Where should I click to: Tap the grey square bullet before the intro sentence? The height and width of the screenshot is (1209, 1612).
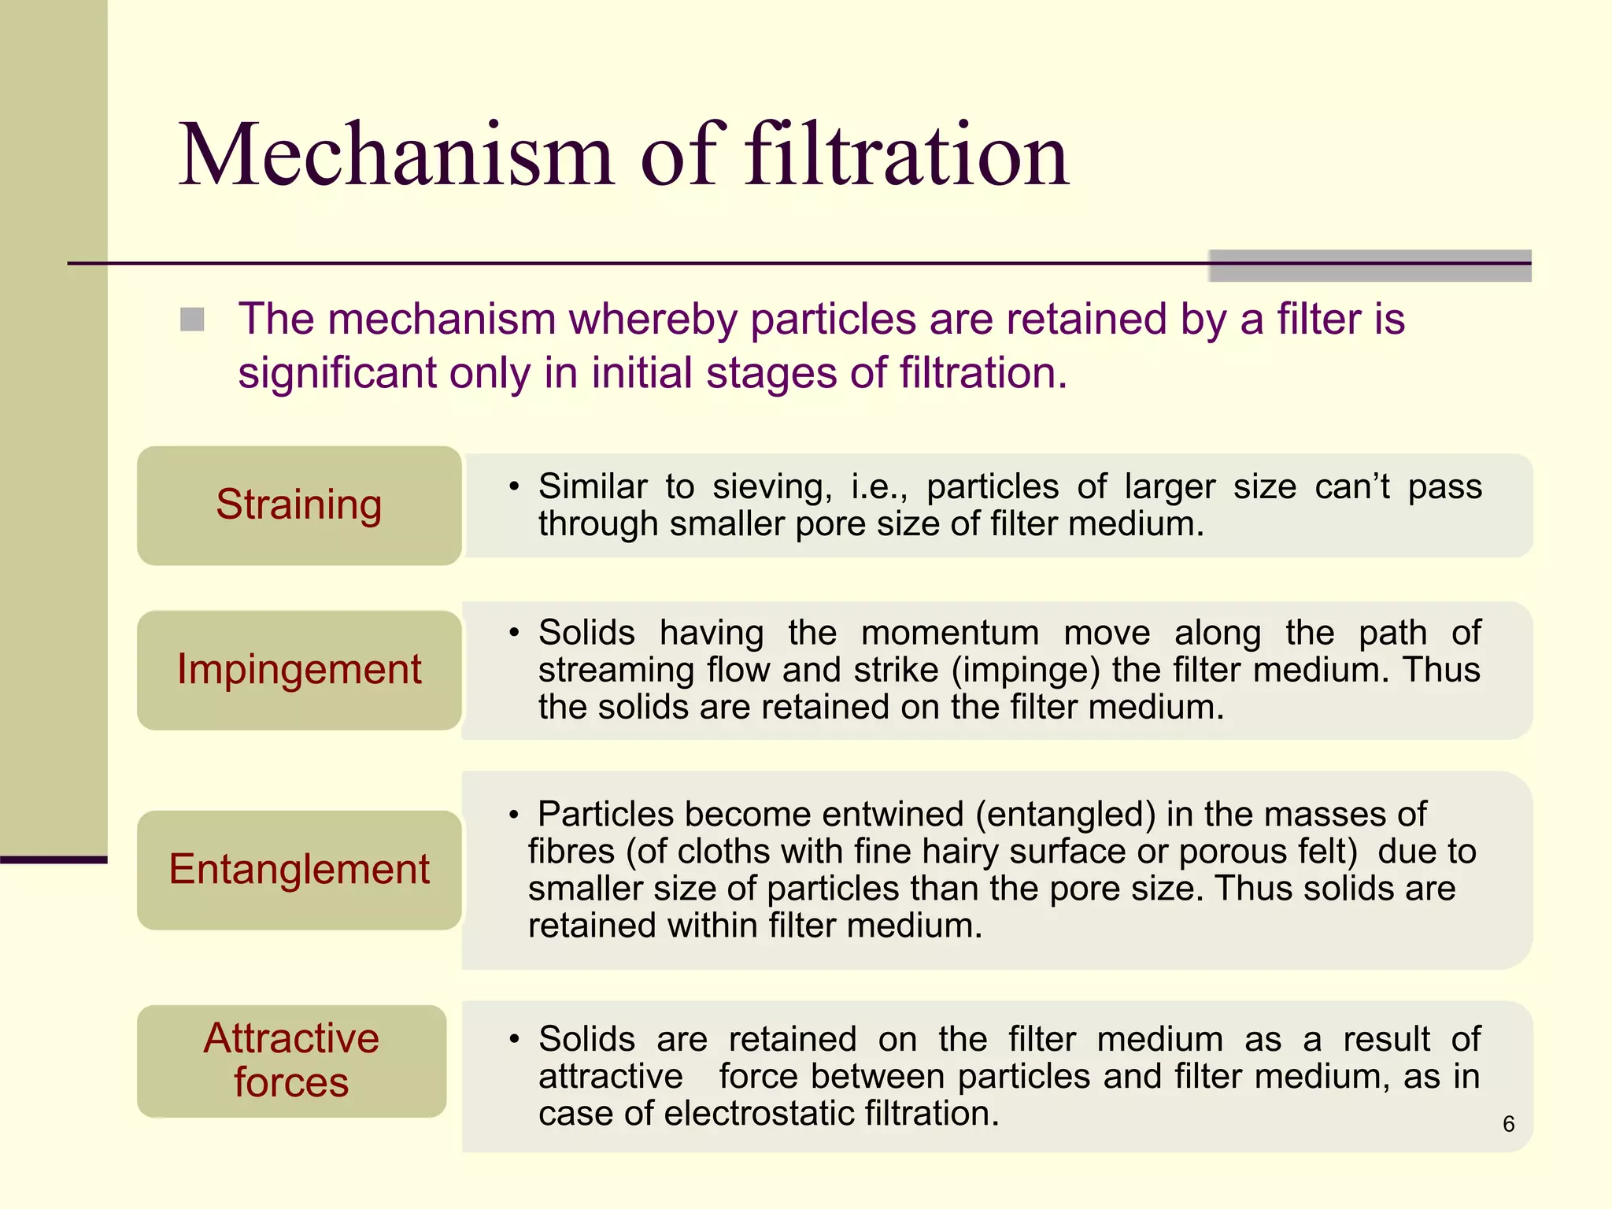[192, 320]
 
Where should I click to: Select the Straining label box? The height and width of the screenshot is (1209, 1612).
[299, 505]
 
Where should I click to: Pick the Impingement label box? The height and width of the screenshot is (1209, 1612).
[299, 670]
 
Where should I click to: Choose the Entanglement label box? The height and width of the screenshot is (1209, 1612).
[299, 870]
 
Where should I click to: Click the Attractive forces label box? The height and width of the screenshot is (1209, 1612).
[291, 1060]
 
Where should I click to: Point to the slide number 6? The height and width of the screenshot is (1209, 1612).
[1508, 1124]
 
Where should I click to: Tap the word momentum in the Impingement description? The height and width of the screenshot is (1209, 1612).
[949, 634]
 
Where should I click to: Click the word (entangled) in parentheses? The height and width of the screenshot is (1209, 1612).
[1066, 815]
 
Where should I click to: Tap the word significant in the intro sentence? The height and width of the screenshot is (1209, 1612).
[337, 373]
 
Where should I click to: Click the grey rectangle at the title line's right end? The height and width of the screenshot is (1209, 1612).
[1370, 265]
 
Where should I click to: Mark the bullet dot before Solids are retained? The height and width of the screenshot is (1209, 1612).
[514, 1040]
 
